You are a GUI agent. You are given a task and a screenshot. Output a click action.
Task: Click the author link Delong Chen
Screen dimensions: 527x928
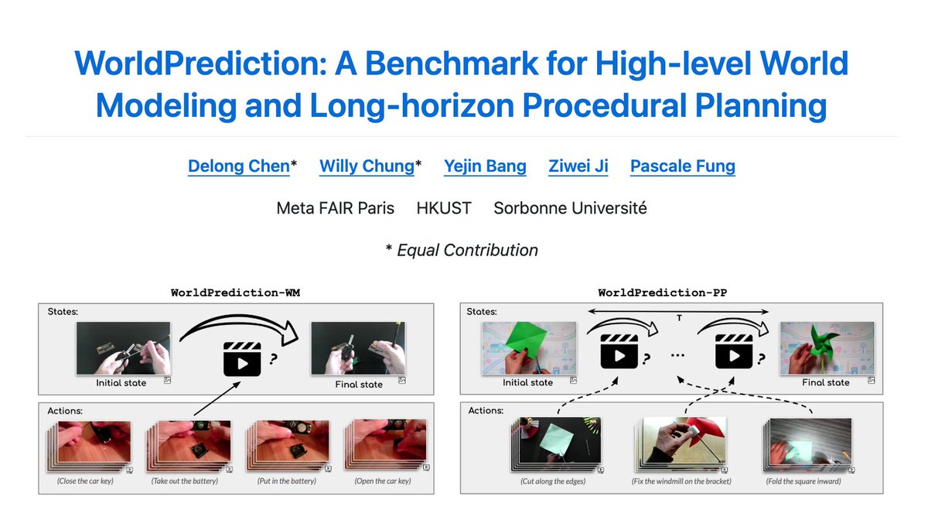238,166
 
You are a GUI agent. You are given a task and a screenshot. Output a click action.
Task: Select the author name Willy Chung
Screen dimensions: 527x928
367,166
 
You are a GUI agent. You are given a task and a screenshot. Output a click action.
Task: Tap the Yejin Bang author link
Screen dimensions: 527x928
485,166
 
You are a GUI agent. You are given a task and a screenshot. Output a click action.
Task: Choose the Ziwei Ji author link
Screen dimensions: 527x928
578,166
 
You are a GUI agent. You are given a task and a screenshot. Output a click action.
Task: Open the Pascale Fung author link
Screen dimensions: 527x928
682,166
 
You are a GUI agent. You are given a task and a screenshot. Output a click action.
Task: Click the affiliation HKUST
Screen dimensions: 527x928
444,208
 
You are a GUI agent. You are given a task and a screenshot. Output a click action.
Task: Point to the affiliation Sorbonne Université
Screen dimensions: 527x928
570,208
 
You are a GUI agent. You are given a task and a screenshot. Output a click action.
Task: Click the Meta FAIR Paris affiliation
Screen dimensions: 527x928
336,208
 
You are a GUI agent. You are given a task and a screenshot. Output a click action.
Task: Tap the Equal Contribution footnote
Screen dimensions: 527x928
462,250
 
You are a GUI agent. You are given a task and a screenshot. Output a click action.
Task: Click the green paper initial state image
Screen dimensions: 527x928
529,348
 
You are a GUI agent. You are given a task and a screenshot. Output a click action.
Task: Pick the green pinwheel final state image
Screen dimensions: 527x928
826,348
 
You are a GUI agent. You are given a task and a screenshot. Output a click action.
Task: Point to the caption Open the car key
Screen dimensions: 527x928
382,481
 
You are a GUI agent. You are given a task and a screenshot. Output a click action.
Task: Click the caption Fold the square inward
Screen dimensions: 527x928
804,481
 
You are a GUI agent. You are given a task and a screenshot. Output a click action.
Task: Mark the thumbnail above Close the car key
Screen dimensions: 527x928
92,443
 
